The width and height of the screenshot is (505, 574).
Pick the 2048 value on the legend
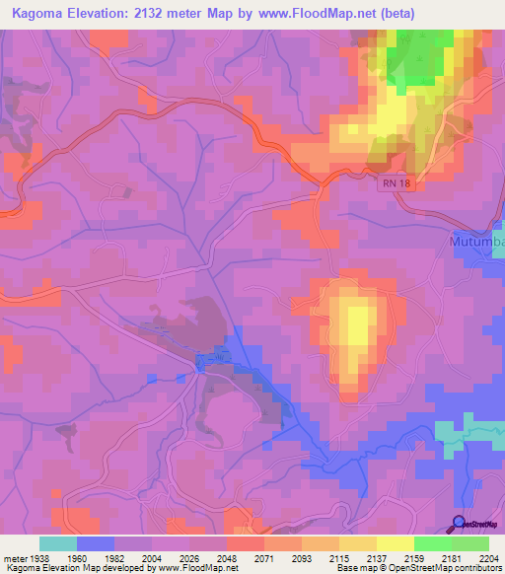pos(227,557)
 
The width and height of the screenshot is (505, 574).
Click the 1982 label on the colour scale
pos(114,557)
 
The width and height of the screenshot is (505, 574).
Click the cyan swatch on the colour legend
pos(58,543)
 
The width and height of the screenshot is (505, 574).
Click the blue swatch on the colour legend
pos(96,543)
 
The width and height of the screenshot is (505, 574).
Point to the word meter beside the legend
pos(13,557)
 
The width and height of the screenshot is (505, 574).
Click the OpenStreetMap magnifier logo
pos(459,524)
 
